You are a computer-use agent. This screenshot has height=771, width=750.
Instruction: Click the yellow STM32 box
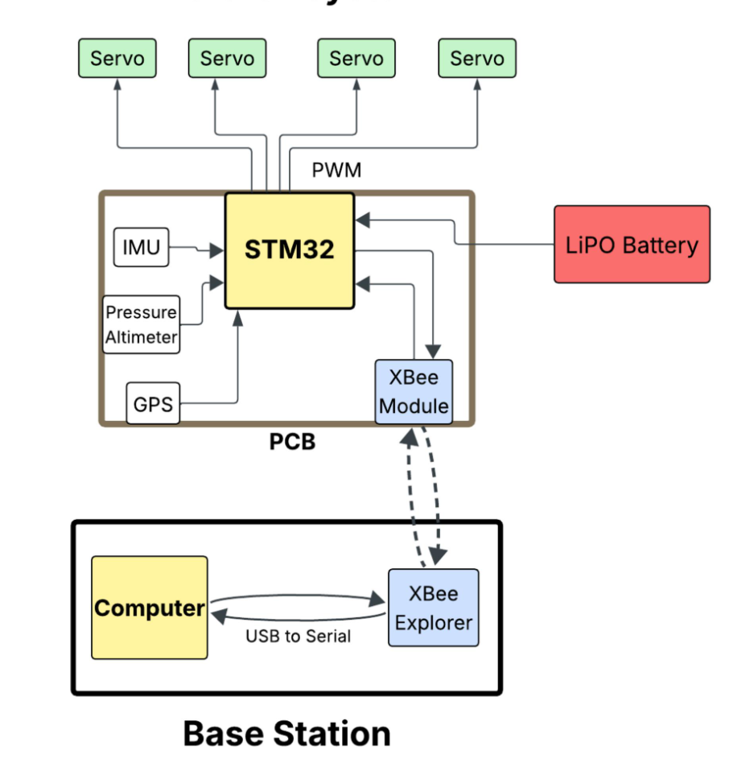click(x=289, y=250)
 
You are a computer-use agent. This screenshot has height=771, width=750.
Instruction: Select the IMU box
click(x=142, y=248)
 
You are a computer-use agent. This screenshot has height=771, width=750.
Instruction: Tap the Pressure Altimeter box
click(x=142, y=324)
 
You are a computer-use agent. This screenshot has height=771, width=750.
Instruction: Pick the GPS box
click(x=153, y=403)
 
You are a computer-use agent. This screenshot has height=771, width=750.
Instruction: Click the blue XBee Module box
click(x=414, y=392)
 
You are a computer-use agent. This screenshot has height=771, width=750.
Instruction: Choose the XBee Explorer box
click(x=433, y=608)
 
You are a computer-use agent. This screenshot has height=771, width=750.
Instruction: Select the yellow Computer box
click(x=150, y=608)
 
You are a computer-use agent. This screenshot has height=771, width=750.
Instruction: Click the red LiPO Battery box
click(x=632, y=245)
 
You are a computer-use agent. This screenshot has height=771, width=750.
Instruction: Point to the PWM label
click(x=336, y=171)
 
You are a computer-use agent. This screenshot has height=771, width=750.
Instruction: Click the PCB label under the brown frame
click(x=291, y=442)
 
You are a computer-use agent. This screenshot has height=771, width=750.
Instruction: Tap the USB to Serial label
click(x=298, y=636)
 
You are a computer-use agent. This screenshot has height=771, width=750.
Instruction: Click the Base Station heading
click(x=286, y=733)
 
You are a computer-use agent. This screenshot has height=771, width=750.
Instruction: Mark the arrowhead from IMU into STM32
click(x=217, y=252)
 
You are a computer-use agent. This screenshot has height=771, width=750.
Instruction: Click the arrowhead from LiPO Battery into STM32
click(x=362, y=217)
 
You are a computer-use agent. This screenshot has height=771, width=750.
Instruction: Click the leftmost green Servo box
click(x=117, y=59)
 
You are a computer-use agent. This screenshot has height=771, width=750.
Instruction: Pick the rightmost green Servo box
click(x=477, y=59)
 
